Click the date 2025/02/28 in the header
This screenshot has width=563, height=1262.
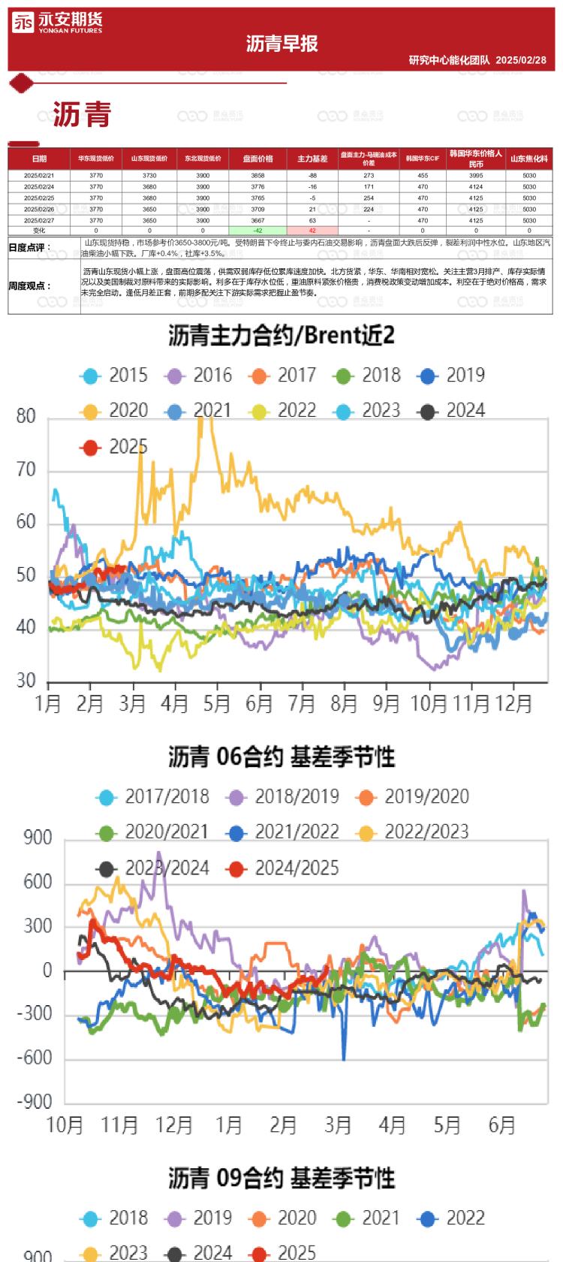pos(521,60)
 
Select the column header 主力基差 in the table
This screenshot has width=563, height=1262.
pos(312,159)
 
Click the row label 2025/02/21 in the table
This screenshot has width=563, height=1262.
pos(39,175)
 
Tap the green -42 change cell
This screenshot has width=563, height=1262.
pos(257,231)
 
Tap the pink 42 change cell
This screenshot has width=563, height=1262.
pos(312,231)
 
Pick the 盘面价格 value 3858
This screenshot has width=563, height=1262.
pos(257,175)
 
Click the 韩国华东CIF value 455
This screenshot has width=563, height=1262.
pos(423,175)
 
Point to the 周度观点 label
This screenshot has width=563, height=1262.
pos(30,285)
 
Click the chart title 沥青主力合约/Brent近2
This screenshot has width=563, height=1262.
pos(281,336)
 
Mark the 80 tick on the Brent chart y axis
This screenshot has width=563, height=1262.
pos(26,416)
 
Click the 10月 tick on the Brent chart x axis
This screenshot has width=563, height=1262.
pos(429,704)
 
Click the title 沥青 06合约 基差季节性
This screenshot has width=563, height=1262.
pos(281,756)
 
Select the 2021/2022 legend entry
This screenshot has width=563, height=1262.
pos(285,832)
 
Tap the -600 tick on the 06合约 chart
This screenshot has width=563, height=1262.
pos(35,1058)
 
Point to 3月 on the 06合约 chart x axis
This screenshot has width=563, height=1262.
pos(338,1125)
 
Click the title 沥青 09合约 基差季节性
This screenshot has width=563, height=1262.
pos(281,1178)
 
